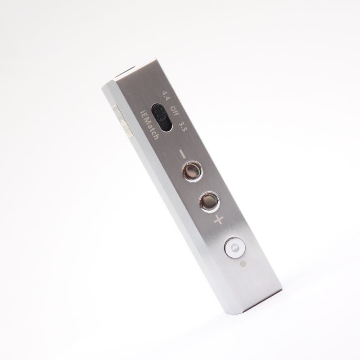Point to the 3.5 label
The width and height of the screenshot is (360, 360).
pyautogui.click(x=183, y=126)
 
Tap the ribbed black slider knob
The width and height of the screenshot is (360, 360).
pyautogui.click(x=159, y=112)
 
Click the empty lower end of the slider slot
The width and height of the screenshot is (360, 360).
pyautogui.click(x=167, y=126)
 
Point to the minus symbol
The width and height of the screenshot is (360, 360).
pyautogui.click(x=183, y=154)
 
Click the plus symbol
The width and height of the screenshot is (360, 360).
pyautogui.click(x=219, y=220)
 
